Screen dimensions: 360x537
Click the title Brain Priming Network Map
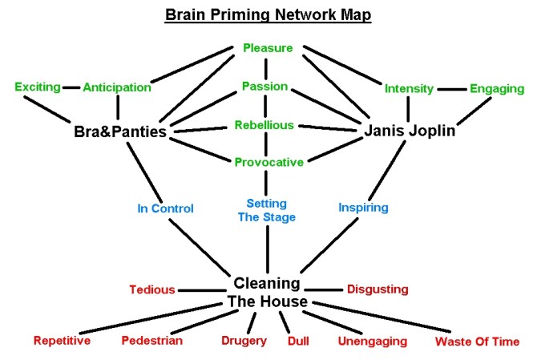[268, 15]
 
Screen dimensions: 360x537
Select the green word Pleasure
[268, 47]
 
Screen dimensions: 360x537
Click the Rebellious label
[264, 125]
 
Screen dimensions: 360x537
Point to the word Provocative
[268, 162]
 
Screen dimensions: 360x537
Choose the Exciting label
[38, 87]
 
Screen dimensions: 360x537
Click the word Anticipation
[116, 87]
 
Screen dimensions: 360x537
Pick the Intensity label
[409, 87]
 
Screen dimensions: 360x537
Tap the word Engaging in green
[497, 87]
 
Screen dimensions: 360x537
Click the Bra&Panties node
[119, 131]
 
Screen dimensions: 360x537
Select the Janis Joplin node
[410, 130]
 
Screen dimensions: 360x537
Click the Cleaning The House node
[268, 293]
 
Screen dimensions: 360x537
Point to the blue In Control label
[165, 208]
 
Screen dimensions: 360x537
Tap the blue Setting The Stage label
[267, 210]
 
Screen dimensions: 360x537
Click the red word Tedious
[153, 289]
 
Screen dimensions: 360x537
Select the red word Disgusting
[377, 289]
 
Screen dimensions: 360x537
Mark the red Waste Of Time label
[477, 342]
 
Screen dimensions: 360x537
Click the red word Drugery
[244, 342]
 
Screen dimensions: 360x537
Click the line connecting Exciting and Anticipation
[72, 87]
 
